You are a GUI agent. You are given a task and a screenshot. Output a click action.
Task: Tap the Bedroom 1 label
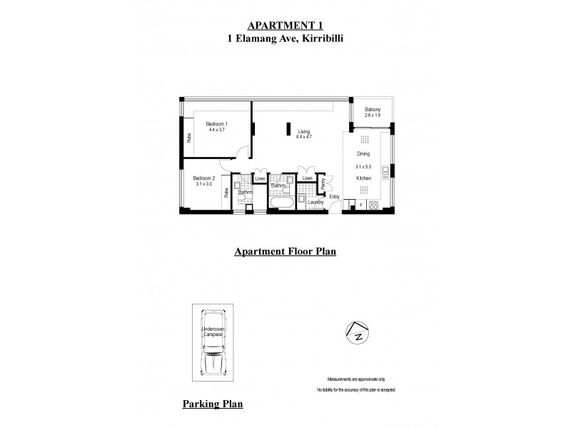(216, 124)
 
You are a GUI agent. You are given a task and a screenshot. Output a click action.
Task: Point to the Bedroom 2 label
(204, 178)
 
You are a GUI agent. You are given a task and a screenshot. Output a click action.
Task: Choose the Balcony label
(373, 109)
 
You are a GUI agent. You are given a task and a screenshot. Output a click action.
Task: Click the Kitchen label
(364, 176)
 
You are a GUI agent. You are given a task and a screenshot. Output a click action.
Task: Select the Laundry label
(315, 203)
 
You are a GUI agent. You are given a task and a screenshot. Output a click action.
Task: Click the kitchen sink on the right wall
(385, 170)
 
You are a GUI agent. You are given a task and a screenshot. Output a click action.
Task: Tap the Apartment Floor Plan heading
(285, 251)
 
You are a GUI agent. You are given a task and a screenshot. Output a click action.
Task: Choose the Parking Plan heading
(213, 404)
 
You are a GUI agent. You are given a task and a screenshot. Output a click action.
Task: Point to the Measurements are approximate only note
(355, 379)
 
